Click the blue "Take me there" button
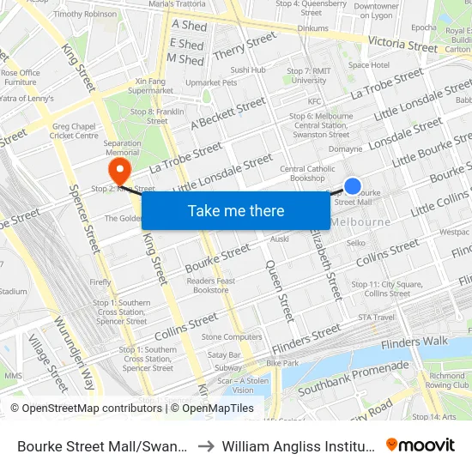pos(236,210)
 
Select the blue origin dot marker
pos(353,186)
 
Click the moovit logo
pos(421,445)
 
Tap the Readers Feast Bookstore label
pos(210,286)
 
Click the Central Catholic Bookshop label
pos(307,173)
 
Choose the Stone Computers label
pos(232,337)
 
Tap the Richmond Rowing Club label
pos(447,380)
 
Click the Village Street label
pos(47,361)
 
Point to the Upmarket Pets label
pos(211,83)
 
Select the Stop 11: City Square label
pos(374,288)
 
